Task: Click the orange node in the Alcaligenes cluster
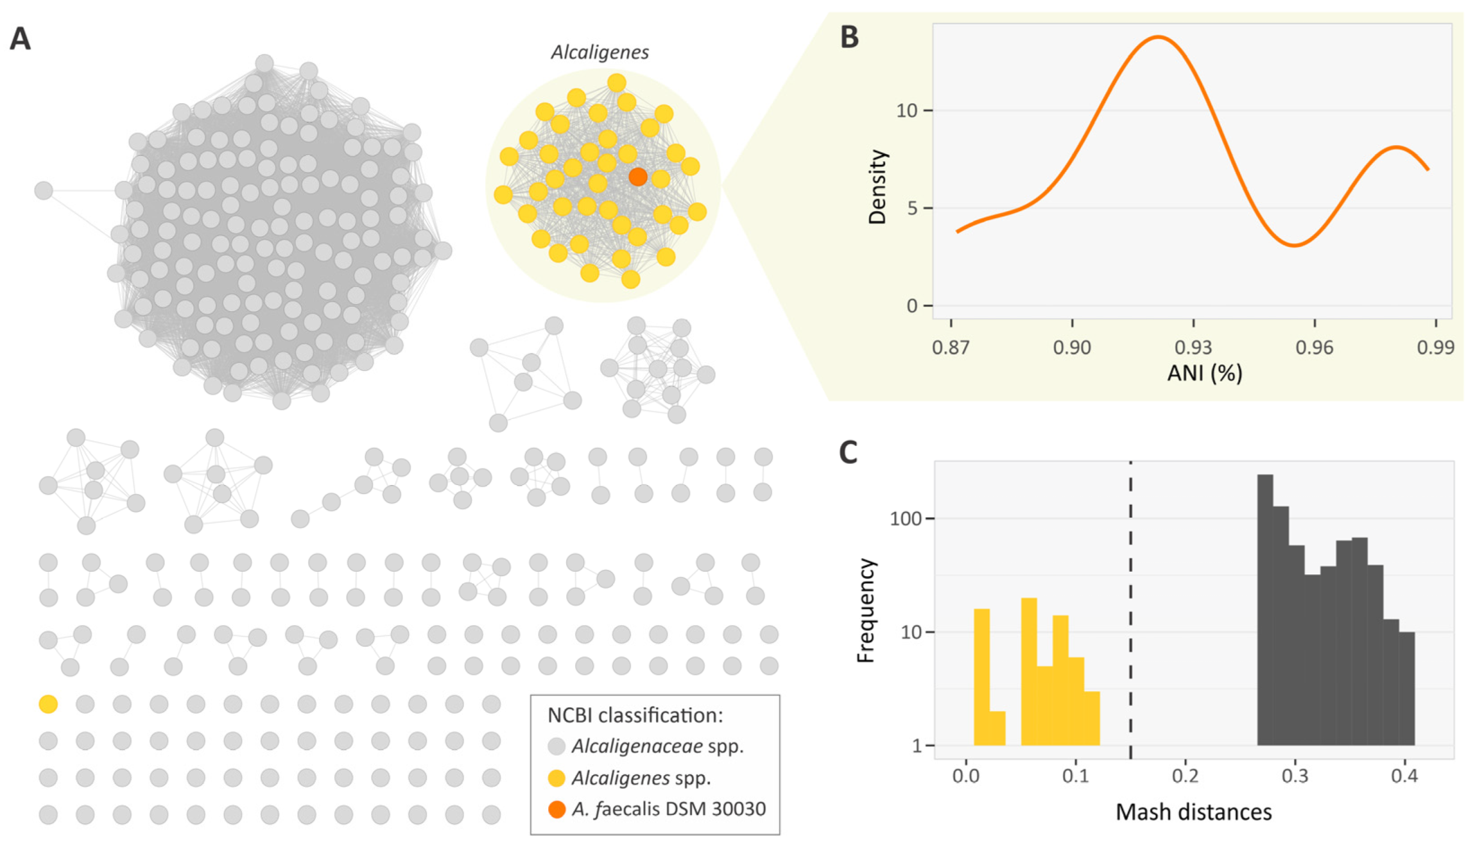pos(637,176)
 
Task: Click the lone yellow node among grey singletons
pos(48,704)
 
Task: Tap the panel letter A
pos(20,39)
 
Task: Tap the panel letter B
pos(849,37)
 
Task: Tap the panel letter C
pos(848,452)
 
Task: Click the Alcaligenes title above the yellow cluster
pos(599,52)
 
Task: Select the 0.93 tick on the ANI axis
pos(1193,347)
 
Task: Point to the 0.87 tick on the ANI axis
pos(951,347)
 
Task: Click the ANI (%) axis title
pos(1204,373)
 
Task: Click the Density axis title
pos(877,187)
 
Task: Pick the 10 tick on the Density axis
pos(906,110)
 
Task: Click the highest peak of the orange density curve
pos(1159,37)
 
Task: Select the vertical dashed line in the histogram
pos(1130,603)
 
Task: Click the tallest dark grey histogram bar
pos(1264,610)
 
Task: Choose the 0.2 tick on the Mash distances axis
pos(1185,776)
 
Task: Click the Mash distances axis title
pos(1193,812)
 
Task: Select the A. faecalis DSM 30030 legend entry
pos(668,809)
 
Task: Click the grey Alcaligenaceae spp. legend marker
pos(556,746)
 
